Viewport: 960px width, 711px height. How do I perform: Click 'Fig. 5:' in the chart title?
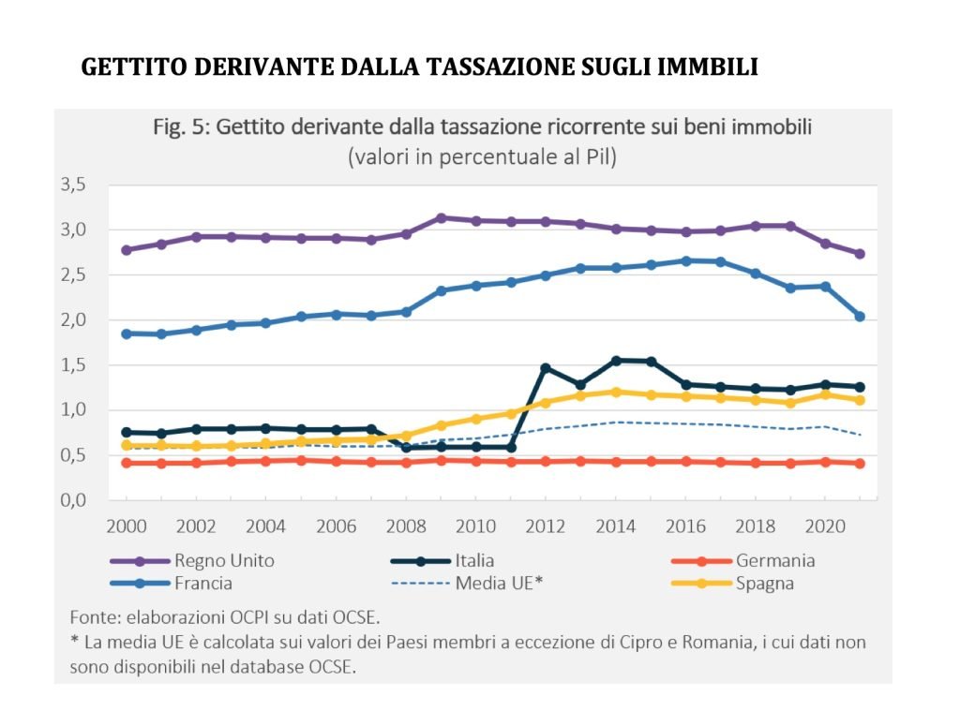(x=181, y=127)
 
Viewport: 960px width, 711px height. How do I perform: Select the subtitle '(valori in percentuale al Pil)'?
(x=482, y=157)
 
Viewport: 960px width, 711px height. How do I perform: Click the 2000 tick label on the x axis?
(x=126, y=526)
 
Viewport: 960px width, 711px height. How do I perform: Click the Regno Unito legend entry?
(x=223, y=561)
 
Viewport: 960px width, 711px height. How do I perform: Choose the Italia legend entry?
(x=474, y=561)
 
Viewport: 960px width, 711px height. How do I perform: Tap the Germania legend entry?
(x=774, y=561)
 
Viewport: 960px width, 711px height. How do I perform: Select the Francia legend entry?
(x=203, y=583)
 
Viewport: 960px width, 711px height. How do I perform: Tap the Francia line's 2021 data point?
(x=860, y=317)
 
